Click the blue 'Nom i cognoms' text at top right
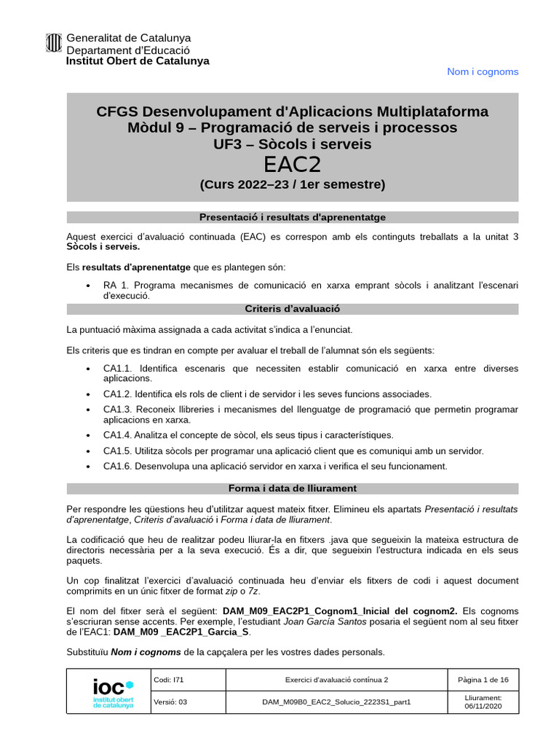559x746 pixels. pyautogui.click(x=482, y=71)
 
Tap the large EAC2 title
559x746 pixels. pyautogui.click(x=292, y=165)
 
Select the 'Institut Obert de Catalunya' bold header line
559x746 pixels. pyautogui.click(x=138, y=61)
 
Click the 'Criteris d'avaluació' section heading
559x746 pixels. pyautogui.click(x=292, y=309)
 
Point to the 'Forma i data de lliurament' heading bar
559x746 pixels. pyautogui.click(x=292, y=488)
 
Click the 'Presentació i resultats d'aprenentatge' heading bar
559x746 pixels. pyautogui.click(x=292, y=217)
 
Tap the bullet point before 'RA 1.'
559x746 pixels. pyautogui.click(x=88, y=286)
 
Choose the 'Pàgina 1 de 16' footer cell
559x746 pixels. pyautogui.click(x=483, y=680)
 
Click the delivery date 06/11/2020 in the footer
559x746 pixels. pyautogui.click(x=483, y=707)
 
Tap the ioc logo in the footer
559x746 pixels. pyautogui.click(x=113, y=691)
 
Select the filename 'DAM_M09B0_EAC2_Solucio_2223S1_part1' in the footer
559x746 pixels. pyautogui.click(x=336, y=702)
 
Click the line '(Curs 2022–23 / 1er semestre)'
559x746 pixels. pyautogui.click(x=292, y=185)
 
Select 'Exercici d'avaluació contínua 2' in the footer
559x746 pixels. pyautogui.click(x=336, y=680)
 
